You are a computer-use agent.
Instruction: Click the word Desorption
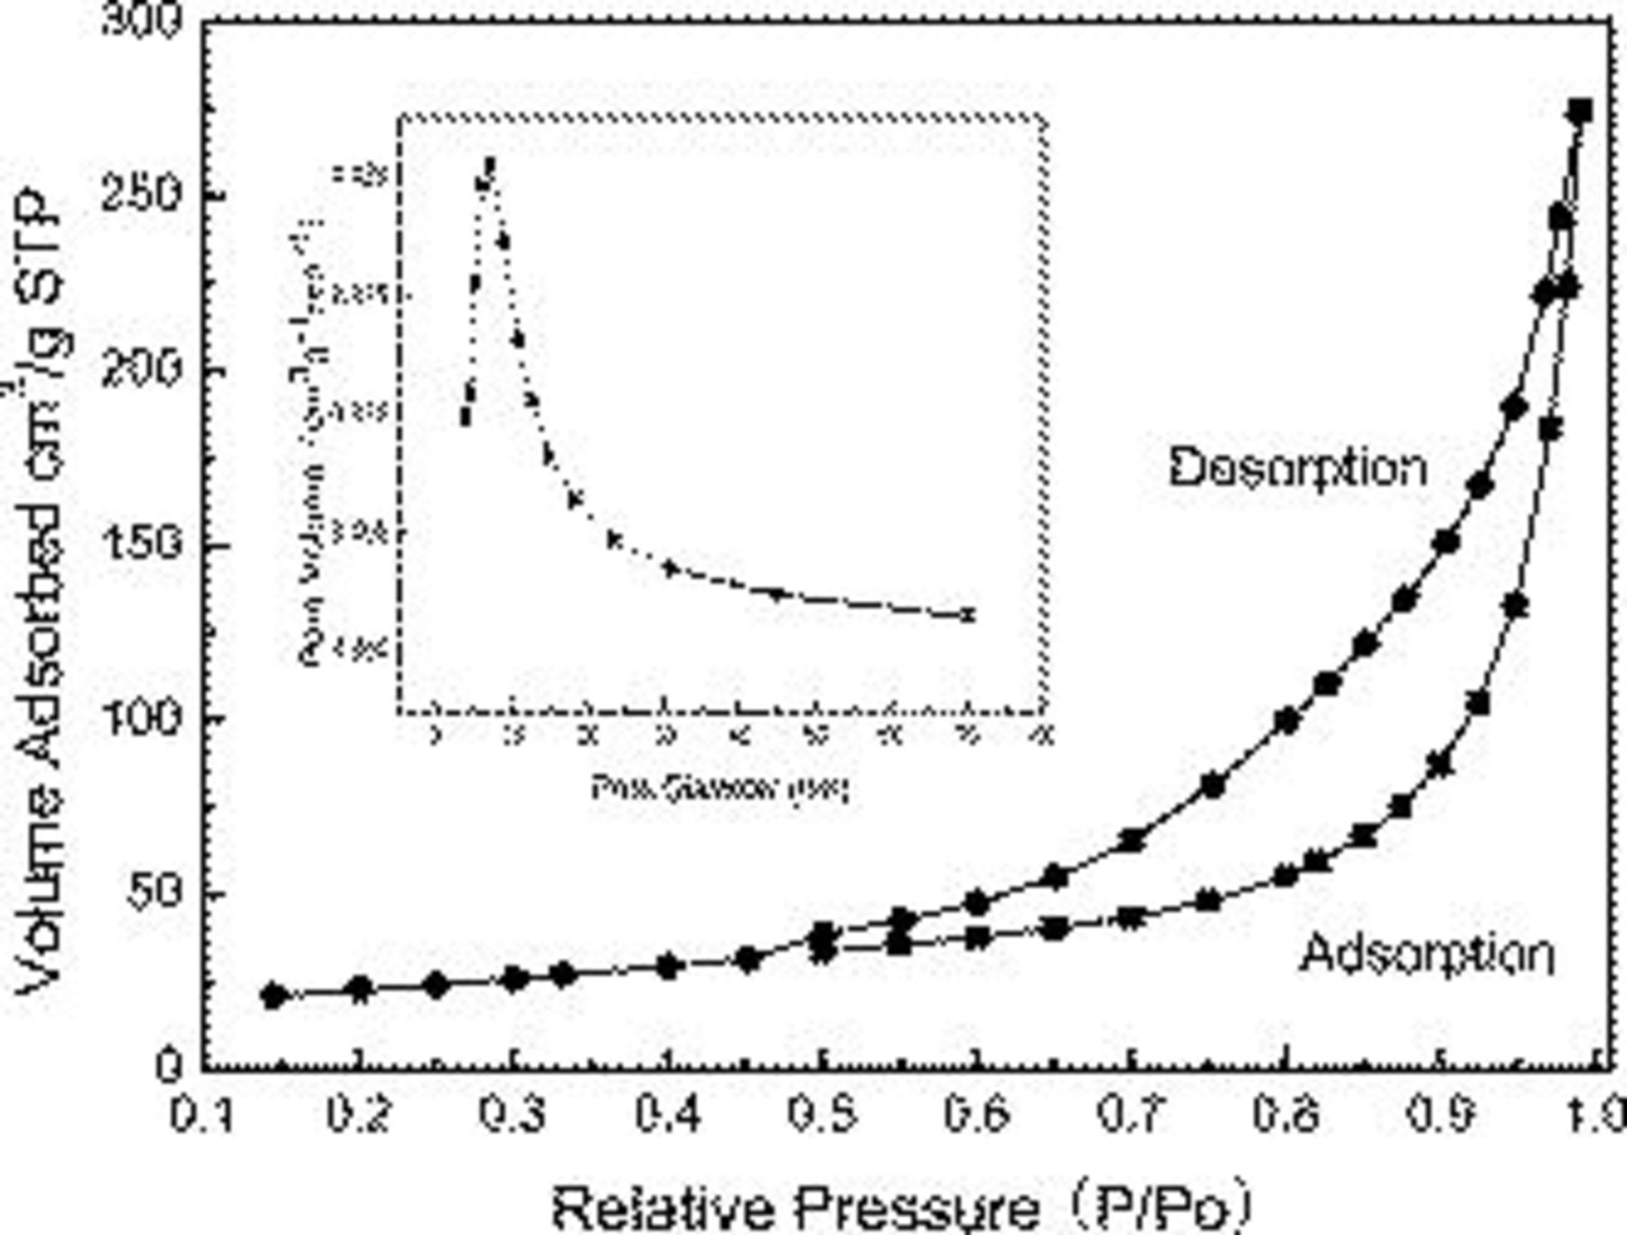[x=1298, y=469]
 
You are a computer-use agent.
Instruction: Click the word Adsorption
[x=1427, y=955]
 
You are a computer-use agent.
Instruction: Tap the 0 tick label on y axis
[x=168, y=1067]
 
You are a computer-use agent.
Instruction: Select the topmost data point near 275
[x=1580, y=112]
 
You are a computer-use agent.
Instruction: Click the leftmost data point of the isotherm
[x=274, y=995]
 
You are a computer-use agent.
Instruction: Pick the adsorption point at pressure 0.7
[x=1132, y=918]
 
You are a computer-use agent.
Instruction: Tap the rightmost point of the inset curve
[x=969, y=615]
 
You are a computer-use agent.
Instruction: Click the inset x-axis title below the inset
[x=720, y=788]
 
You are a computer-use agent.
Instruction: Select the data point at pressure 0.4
[x=668, y=966]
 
